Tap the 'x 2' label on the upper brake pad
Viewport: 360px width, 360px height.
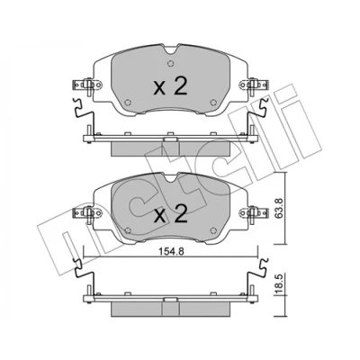coord(170,86)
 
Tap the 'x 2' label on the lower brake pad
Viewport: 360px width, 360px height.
coord(170,214)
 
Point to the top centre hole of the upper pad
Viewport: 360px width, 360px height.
coord(170,64)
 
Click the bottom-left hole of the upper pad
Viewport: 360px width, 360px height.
coord(128,103)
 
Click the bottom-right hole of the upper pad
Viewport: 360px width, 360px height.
coord(213,103)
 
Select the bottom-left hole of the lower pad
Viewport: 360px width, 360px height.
coord(128,230)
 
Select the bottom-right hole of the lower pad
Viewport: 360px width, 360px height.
coord(213,230)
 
